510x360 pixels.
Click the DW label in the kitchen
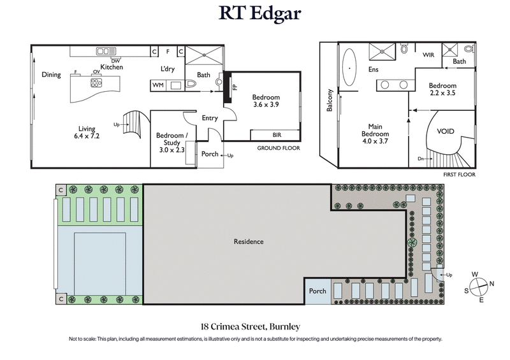click(x=115, y=61)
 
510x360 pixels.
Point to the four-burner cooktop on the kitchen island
click(x=96, y=82)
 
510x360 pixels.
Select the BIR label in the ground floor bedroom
click(x=276, y=134)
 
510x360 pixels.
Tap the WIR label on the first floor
click(x=428, y=55)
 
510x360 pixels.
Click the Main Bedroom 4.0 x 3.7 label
click(x=375, y=130)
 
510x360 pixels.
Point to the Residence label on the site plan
click(x=248, y=241)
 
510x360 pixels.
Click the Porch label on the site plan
click(x=317, y=291)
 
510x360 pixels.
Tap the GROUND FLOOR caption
click(x=278, y=148)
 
